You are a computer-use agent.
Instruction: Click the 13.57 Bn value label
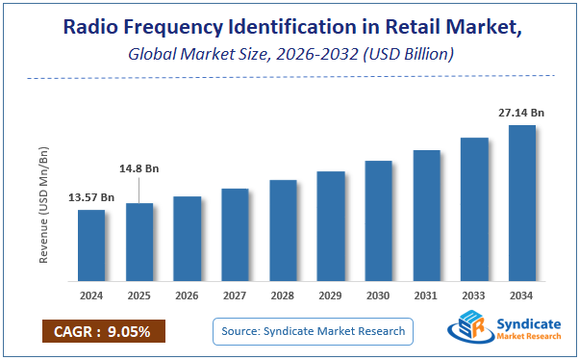pos(91,197)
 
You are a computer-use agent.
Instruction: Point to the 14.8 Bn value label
pos(139,168)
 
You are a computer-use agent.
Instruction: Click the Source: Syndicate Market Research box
pos(313,332)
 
